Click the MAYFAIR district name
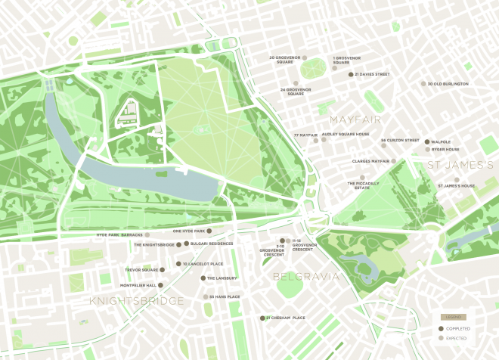[x=355, y=119]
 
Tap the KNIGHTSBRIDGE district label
[x=137, y=301]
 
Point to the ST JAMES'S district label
[x=461, y=164]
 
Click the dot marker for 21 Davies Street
[x=351, y=75]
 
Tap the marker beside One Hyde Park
[x=210, y=231]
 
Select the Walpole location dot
[x=427, y=141]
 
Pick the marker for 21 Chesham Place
[x=261, y=318]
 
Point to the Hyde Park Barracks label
[x=119, y=235]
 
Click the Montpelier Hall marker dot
[x=160, y=285]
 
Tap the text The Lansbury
[x=222, y=278]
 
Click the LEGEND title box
[x=454, y=317]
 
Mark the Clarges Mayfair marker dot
[x=394, y=161]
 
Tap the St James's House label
[x=456, y=185]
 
